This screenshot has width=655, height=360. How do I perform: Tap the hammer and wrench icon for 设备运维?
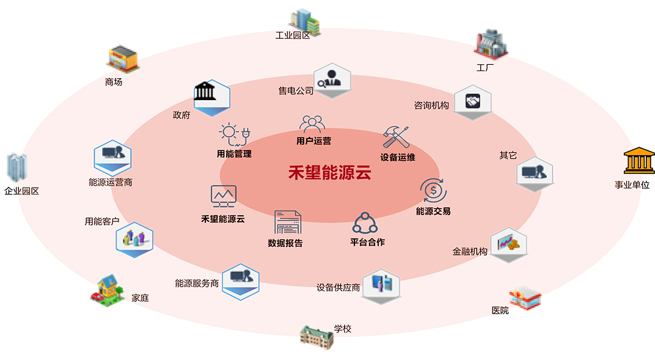[396, 138]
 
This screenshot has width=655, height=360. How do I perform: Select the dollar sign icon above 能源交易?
[433, 191]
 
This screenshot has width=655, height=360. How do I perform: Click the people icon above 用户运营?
[312, 125]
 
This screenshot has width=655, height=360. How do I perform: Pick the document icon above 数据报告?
[288, 222]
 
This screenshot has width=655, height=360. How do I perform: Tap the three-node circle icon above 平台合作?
[365, 224]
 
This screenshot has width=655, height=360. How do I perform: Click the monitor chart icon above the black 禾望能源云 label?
[223, 196]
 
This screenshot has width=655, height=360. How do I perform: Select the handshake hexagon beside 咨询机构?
[473, 101]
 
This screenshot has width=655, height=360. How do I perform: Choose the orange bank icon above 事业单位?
[639, 161]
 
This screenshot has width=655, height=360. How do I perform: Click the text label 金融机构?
[470, 251]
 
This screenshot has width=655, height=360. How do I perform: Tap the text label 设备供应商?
[338, 287]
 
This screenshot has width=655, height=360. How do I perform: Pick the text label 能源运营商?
[111, 182]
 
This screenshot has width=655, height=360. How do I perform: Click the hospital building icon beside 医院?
[525, 298]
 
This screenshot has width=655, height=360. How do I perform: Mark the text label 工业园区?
[293, 35]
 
